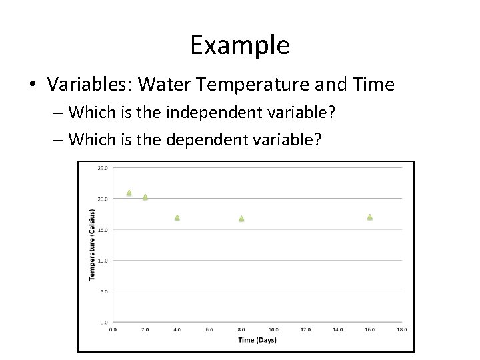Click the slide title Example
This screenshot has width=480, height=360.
[x=239, y=45]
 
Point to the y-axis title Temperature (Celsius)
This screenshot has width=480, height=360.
[x=92, y=245]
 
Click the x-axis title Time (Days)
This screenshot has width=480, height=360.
[x=257, y=340]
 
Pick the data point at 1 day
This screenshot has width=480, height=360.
[x=129, y=193]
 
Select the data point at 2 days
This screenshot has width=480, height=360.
[x=145, y=197]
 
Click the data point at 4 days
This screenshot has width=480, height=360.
[x=177, y=217]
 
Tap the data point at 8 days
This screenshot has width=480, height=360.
[x=241, y=219]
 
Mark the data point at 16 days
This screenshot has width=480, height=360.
[x=370, y=217]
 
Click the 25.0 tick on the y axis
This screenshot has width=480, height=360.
[x=103, y=168]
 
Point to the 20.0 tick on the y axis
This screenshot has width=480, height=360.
[x=103, y=199]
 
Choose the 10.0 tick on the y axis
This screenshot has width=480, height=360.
[x=103, y=261]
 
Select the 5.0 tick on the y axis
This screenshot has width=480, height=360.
[x=104, y=291]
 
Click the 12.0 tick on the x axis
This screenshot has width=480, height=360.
[x=305, y=329]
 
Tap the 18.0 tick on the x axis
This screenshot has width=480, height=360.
[x=402, y=329]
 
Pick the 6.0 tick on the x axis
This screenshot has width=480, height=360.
[x=209, y=329]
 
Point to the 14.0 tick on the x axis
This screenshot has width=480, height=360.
[x=337, y=329]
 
